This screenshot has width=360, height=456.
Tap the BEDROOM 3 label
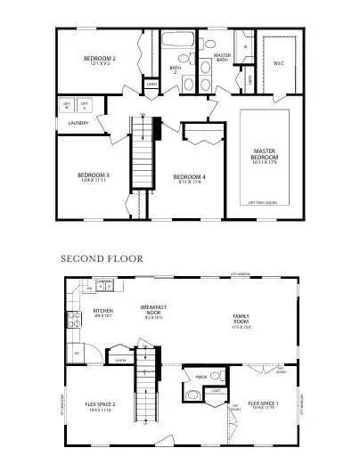[93, 175]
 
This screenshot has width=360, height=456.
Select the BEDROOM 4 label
[190, 177]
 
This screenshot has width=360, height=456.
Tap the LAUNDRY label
[78, 124]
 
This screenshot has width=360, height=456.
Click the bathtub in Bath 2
[183, 42]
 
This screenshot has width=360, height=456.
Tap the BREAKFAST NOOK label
[154, 311]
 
